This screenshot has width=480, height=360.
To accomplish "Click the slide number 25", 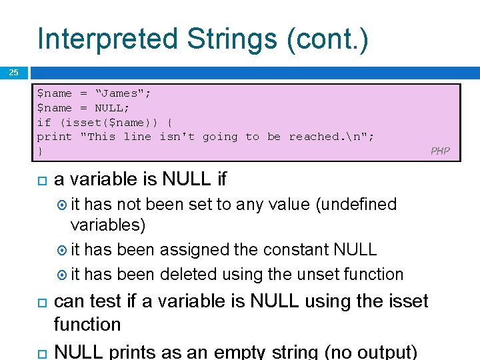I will tap(13, 73).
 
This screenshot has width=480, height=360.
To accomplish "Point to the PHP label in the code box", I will tap(440, 151).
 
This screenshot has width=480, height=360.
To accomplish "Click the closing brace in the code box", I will tap(40, 151).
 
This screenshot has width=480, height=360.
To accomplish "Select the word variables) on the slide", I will tap(107, 225).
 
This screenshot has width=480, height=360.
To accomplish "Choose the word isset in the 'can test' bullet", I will tap(403, 301).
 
